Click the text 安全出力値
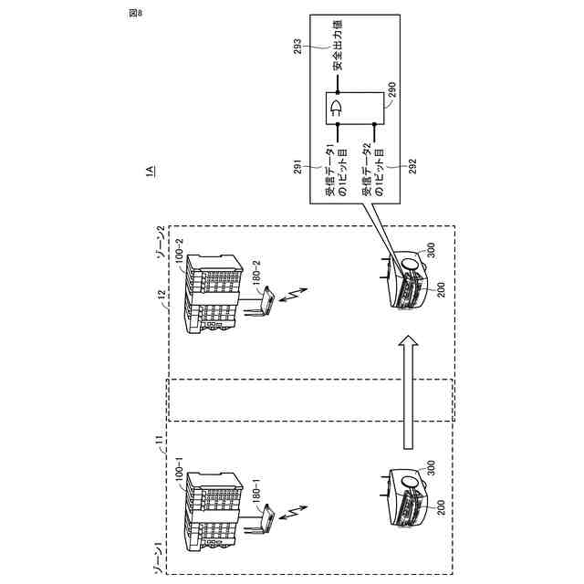[x=338, y=53]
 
